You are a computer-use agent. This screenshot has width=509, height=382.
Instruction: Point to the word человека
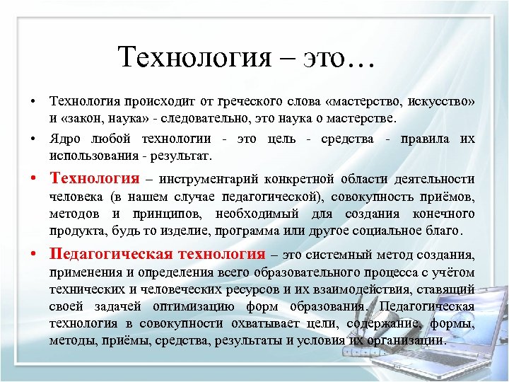(76, 197)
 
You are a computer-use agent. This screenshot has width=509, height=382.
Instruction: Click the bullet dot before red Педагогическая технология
(34, 254)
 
